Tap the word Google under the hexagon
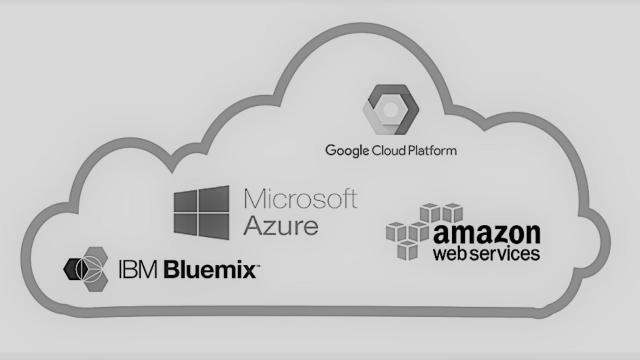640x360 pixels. [346, 151]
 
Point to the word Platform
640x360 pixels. [431, 151]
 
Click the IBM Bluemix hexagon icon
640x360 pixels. [85, 268]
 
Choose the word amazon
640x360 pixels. [488, 235]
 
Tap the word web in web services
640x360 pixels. [451, 255]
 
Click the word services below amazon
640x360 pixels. [507, 255]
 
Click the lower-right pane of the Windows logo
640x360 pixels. [217, 224]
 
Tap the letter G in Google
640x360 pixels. [331, 151]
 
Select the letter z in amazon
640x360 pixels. [495, 236]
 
